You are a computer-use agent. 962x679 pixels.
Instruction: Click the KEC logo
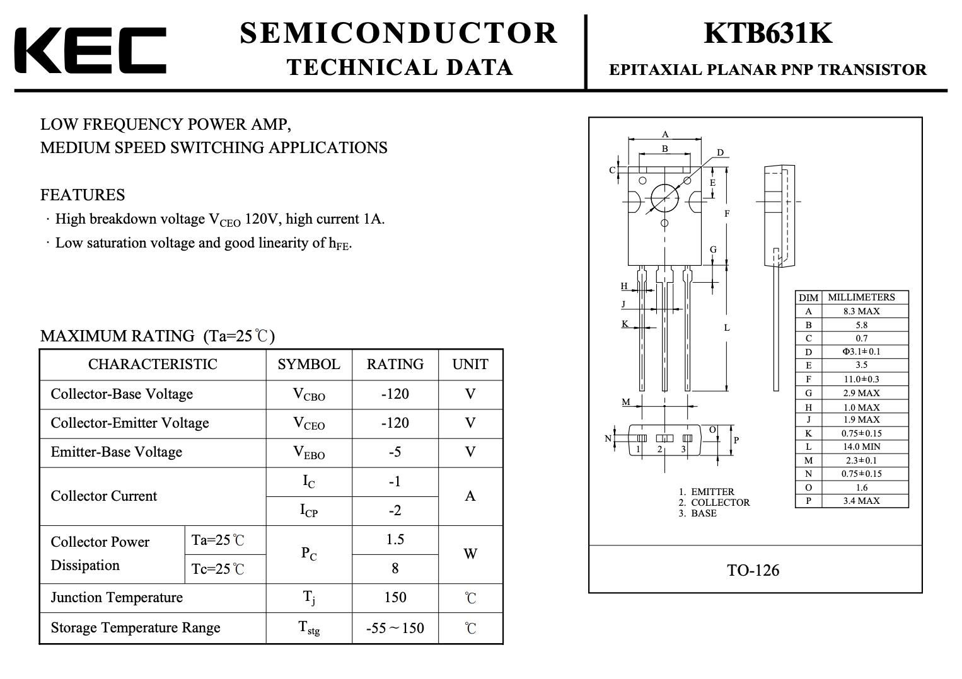(x=90, y=50)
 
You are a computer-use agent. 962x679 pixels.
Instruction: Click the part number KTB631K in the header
(x=768, y=33)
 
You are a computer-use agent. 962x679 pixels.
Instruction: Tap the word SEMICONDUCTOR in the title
(x=398, y=33)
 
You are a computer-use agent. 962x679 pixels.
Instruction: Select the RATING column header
(x=395, y=364)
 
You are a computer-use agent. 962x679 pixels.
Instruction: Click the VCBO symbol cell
(x=309, y=394)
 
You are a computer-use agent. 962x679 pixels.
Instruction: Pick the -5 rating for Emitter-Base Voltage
(x=395, y=452)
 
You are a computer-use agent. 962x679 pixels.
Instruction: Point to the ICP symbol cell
(x=309, y=510)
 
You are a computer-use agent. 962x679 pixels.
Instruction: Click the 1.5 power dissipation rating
(x=395, y=539)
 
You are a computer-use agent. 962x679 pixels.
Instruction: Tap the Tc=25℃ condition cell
(x=217, y=569)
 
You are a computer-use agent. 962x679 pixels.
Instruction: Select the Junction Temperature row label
(x=117, y=598)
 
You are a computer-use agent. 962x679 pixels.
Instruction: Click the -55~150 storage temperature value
(x=395, y=628)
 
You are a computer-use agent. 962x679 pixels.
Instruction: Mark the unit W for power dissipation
(x=470, y=554)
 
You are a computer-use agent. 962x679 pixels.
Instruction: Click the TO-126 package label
(x=753, y=570)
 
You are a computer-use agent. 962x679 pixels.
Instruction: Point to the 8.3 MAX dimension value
(x=862, y=311)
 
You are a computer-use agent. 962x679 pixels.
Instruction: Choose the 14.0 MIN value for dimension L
(x=862, y=447)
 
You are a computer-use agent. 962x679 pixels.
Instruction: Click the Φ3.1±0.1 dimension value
(x=862, y=351)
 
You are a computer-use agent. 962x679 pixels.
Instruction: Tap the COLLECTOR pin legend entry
(x=714, y=503)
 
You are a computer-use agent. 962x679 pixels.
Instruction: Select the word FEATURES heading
(x=83, y=195)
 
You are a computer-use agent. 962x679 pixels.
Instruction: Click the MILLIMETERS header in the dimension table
(x=862, y=297)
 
